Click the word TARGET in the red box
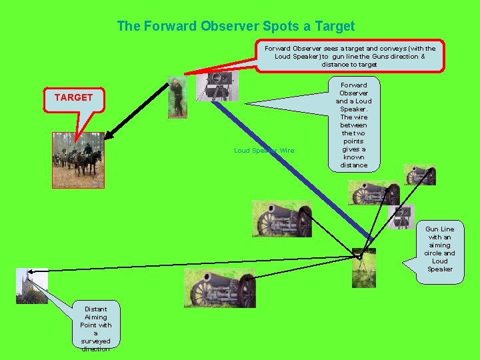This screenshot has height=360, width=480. tap(73, 97)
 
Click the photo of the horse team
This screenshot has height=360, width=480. tap(78, 160)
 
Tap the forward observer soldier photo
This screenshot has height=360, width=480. tap(177, 97)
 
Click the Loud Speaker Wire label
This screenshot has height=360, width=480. tap(263, 151)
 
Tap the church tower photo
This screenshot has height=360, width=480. tap(31, 286)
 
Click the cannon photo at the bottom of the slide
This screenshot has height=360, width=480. tap(219, 289)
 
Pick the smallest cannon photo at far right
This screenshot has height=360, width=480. tap(420, 175)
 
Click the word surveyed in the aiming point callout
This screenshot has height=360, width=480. tap(96, 341)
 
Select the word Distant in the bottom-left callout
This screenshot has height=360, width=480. tap(96, 309)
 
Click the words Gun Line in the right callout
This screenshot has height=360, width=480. tap(439, 229)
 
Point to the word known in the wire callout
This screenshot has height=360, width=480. tap(354, 157)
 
